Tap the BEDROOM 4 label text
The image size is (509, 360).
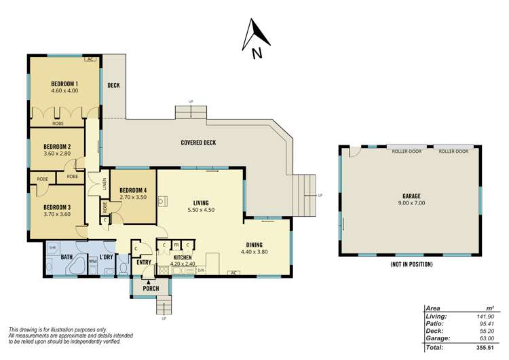click(x=133, y=190)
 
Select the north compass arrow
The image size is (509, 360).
click(x=257, y=37)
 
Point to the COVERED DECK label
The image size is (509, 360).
click(x=198, y=143)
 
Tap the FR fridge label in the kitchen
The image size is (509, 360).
click(x=176, y=245)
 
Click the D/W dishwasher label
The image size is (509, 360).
click(x=201, y=270)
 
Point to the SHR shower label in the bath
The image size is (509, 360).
click(x=52, y=248)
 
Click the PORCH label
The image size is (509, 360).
click(x=150, y=288)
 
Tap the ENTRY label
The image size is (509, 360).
click(x=144, y=262)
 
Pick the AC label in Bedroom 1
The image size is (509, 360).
click(x=90, y=60)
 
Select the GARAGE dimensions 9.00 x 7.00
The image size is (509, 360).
click(x=410, y=203)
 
